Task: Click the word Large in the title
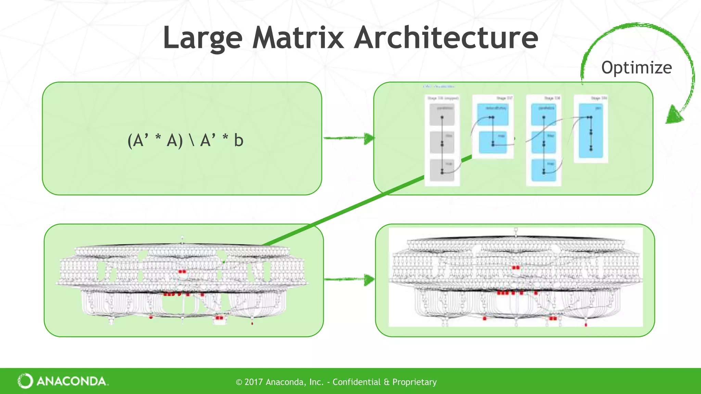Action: point(203,38)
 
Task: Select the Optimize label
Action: point(636,67)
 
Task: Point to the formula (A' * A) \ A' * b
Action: point(185,140)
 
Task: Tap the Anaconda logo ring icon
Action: point(25,381)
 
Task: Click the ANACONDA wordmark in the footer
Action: point(72,381)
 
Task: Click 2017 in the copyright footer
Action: point(254,382)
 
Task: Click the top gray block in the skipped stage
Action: point(442,114)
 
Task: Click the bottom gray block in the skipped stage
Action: point(442,170)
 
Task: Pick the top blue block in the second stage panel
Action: point(493,114)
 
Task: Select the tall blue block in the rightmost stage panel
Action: point(591,131)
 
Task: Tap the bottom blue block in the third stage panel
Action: point(544,170)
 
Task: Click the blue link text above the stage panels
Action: point(439,87)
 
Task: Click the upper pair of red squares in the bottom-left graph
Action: point(182,272)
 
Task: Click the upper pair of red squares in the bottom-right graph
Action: point(516,267)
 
